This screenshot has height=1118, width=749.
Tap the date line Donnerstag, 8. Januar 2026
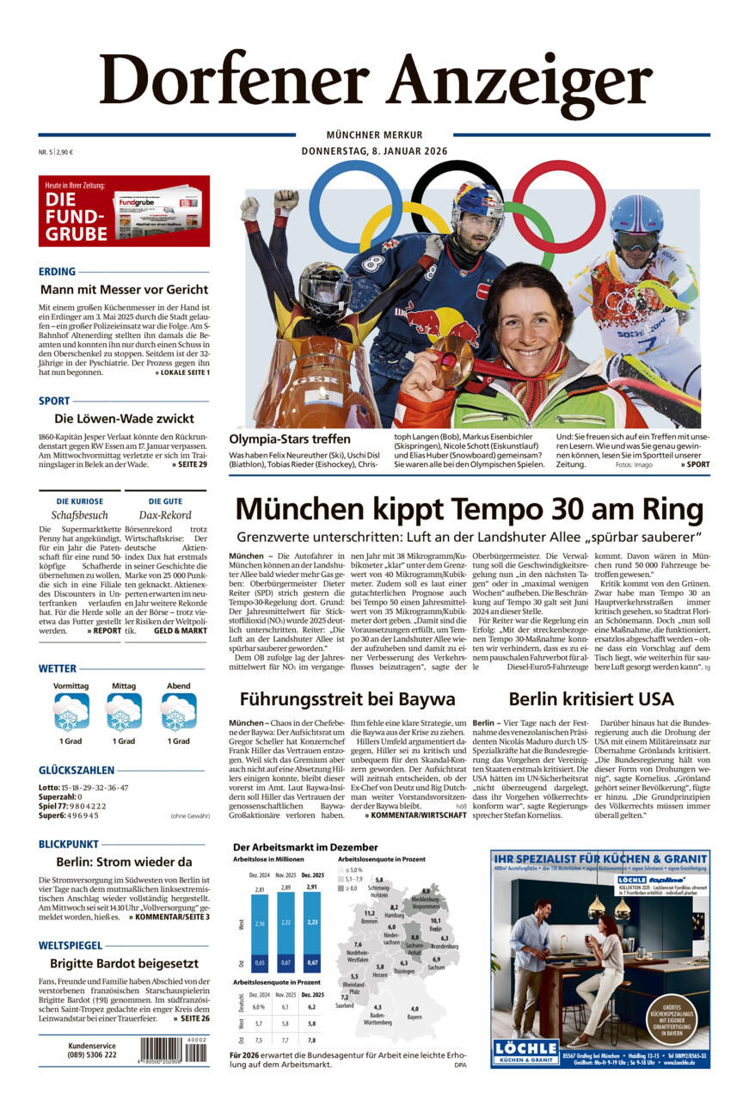point(374,151)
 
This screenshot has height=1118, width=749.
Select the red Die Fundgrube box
point(124,212)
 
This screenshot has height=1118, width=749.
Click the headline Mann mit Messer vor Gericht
point(124,290)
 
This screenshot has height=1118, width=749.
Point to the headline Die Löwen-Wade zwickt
point(124,419)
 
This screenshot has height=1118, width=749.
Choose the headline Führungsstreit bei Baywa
point(347,698)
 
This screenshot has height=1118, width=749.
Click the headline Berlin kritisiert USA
point(591,698)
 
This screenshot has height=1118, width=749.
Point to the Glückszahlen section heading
point(76,770)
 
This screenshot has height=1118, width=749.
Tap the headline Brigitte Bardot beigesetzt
point(124,963)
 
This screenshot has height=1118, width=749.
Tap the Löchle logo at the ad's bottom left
point(525,1051)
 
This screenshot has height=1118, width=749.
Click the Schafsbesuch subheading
point(79,515)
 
